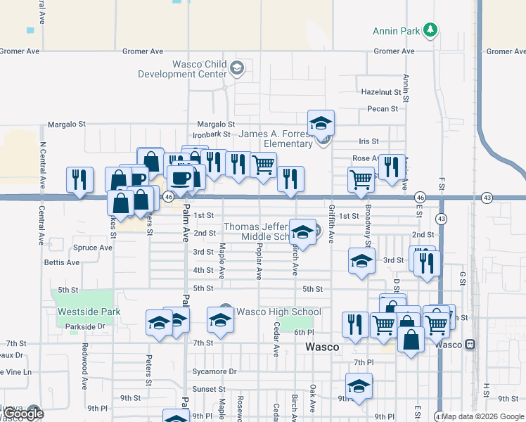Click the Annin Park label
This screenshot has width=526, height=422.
coord(396,31)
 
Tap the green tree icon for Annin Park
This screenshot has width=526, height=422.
coord(430,30)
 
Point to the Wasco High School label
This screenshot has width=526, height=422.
coord(278,312)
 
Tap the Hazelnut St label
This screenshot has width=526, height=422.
coord(380,92)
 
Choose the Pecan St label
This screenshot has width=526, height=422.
coord(383,109)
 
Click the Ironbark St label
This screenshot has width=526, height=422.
coord(212,134)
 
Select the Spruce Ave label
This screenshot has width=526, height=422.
coord(93,248)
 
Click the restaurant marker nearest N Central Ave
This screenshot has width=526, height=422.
coord(79,179)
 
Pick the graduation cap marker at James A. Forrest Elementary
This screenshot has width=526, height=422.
coord(321,123)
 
